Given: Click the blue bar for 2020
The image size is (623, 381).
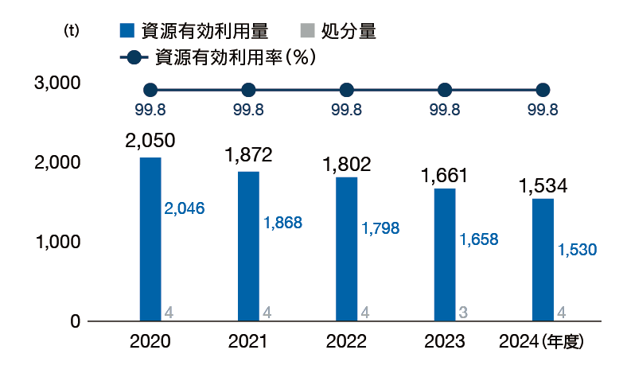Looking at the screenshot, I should tap(150, 239).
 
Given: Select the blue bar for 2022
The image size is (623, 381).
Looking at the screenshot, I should tap(346, 248).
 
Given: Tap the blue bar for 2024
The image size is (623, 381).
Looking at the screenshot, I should tap(543, 259).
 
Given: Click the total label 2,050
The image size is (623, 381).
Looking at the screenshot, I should tap(150, 141).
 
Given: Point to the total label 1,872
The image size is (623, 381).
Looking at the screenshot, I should tap(248, 155).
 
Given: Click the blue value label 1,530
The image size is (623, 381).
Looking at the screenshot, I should tap(577, 250).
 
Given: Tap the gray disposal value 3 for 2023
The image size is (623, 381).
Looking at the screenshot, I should tap(463, 313).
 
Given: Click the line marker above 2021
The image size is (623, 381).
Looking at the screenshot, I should tap(248, 90).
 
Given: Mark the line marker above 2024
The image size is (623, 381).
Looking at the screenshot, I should tap(543, 90).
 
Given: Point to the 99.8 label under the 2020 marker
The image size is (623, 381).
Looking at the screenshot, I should tap(150, 111).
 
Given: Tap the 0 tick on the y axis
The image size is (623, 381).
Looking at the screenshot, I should tap(75, 321).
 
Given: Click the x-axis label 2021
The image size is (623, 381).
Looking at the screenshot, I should tap(248, 343).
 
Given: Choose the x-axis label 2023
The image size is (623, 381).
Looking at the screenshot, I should tap(445, 343).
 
